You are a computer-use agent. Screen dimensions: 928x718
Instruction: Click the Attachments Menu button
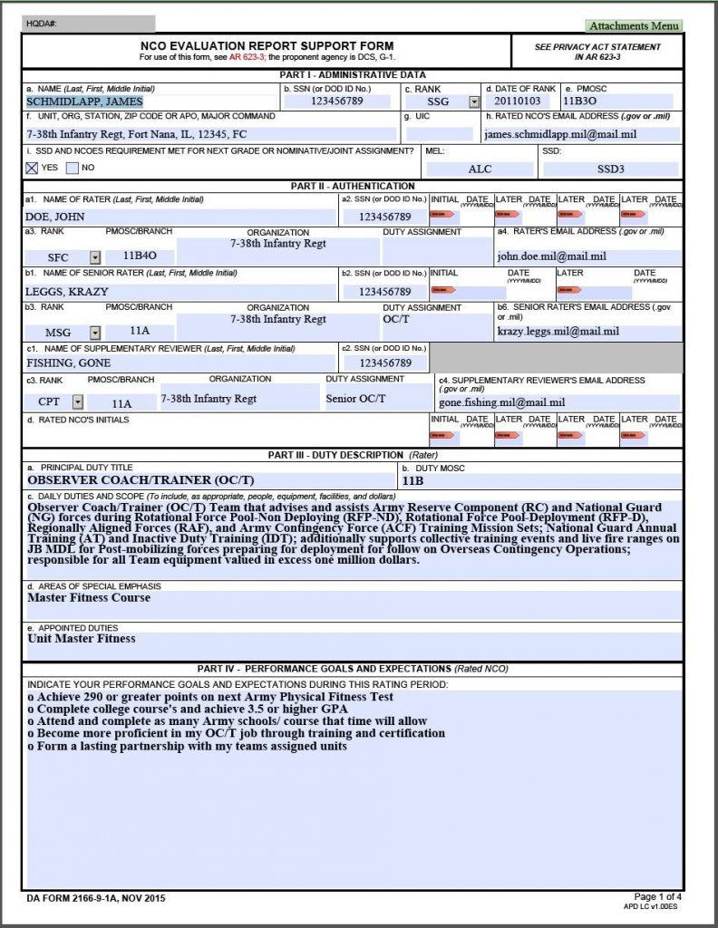(633, 26)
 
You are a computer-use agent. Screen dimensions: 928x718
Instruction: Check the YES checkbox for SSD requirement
(33, 168)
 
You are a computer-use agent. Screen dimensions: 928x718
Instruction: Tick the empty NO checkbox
(74, 168)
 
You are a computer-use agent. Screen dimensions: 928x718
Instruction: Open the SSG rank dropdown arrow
(473, 101)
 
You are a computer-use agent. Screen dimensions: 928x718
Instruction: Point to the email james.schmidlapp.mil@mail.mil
(560, 134)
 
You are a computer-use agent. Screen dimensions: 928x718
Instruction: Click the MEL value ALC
(480, 169)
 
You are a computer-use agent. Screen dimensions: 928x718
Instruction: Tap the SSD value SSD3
(610, 169)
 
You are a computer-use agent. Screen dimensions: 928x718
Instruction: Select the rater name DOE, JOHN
(55, 217)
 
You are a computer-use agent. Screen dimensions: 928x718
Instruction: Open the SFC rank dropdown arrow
(94, 257)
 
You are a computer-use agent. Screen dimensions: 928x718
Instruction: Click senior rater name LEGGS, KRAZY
(67, 292)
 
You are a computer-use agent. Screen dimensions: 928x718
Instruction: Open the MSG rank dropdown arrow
(94, 333)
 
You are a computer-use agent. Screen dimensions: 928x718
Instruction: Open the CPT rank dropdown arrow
(77, 401)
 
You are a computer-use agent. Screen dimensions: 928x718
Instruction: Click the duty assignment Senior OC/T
(355, 398)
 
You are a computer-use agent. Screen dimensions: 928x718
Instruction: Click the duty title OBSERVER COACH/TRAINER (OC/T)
(141, 480)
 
